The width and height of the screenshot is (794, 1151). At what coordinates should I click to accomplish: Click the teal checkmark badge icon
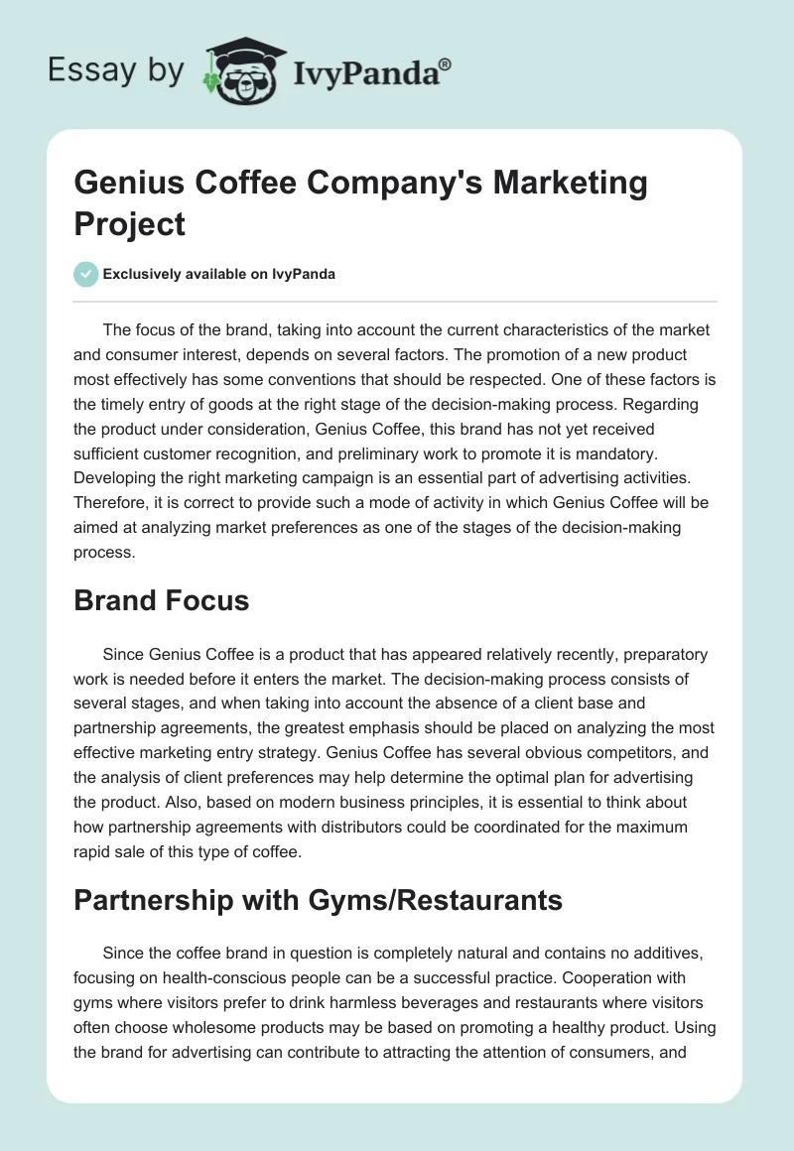point(86,274)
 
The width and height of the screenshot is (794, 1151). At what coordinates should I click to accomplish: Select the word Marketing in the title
point(560,184)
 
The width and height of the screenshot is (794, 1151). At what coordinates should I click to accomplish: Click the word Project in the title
point(130,223)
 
